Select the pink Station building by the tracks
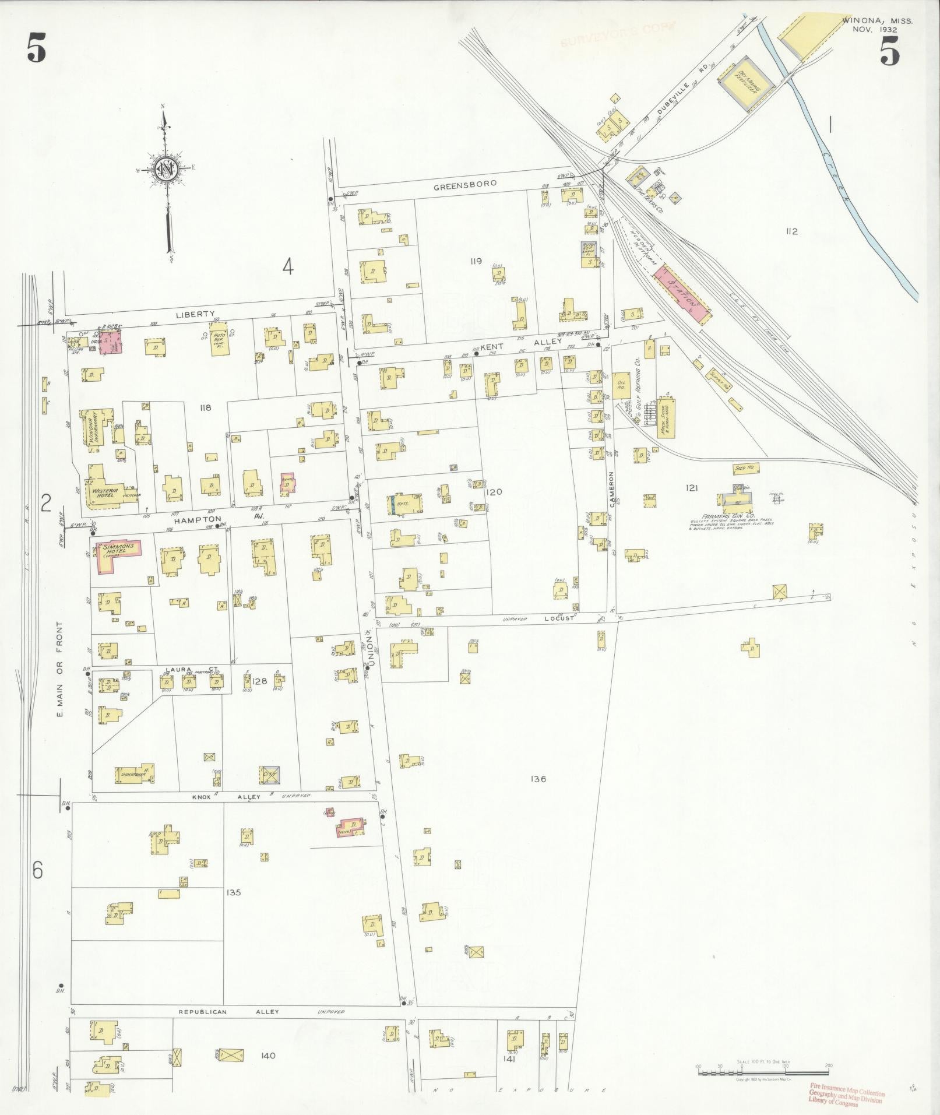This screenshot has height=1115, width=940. pyautogui.click(x=682, y=294)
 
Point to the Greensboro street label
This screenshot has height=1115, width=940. pyautogui.click(x=465, y=184)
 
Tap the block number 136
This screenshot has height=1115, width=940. pyautogui.click(x=538, y=779)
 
